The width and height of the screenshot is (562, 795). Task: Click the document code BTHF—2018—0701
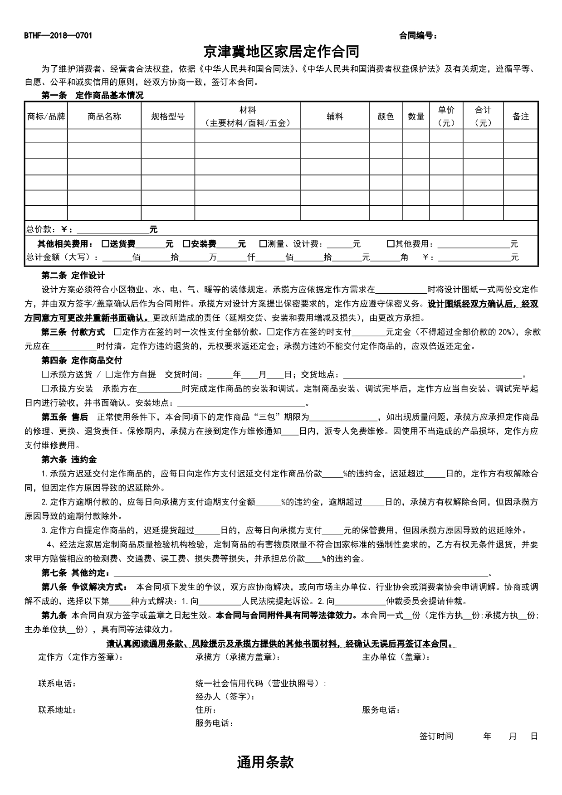point(58,36)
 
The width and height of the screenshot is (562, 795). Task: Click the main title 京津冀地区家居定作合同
point(281,52)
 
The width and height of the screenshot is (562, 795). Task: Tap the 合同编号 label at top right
point(418,36)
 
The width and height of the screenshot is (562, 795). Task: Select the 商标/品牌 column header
point(46,116)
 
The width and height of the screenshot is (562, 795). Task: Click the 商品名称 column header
point(104,116)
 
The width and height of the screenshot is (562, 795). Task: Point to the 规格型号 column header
point(168,116)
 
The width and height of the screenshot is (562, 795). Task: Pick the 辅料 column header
point(335,116)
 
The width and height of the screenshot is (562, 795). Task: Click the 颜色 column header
point(386,116)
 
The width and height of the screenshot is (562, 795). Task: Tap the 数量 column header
point(416,116)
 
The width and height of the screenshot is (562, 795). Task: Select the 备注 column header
point(521,116)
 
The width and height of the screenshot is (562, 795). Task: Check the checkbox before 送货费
point(105,244)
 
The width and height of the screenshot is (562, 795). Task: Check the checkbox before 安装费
point(186,244)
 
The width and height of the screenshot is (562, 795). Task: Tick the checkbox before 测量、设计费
point(263,244)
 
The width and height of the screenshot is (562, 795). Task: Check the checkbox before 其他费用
point(391,244)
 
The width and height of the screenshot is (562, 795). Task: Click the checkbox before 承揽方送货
point(45,375)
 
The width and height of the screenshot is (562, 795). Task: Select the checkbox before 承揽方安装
point(45,388)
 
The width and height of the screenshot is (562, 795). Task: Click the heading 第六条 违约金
point(69,460)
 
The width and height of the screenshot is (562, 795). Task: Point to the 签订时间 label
point(436,736)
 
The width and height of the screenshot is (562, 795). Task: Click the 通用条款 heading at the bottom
point(265,762)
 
